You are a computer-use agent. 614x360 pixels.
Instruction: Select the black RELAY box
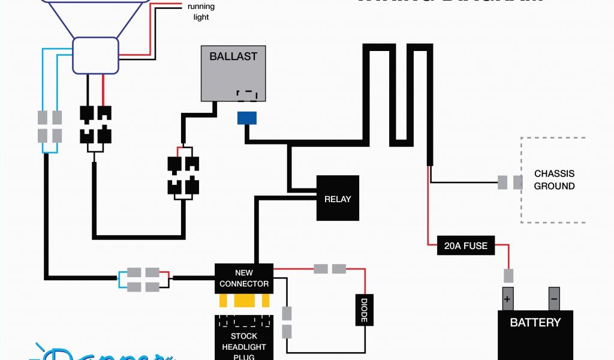(x=338, y=198)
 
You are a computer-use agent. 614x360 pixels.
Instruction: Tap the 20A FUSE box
(x=466, y=245)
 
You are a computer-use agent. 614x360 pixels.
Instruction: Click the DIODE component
(x=363, y=310)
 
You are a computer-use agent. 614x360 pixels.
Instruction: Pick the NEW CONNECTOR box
(x=244, y=278)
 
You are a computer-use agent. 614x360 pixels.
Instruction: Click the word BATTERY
(x=535, y=322)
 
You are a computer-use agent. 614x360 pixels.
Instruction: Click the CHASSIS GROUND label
(x=554, y=180)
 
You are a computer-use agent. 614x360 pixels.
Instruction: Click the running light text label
(x=201, y=12)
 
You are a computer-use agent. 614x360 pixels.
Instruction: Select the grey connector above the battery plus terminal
(x=508, y=276)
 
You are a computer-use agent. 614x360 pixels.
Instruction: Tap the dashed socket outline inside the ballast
(x=247, y=94)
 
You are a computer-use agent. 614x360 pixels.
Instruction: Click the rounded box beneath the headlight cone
(x=95, y=55)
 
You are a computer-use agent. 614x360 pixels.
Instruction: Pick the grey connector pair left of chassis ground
(x=510, y=182)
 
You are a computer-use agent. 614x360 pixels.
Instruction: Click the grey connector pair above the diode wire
(x=330, y=268)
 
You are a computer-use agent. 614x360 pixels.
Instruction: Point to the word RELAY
(x=338, y=199)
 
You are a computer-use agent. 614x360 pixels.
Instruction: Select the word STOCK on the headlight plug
(x=244, y=336)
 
